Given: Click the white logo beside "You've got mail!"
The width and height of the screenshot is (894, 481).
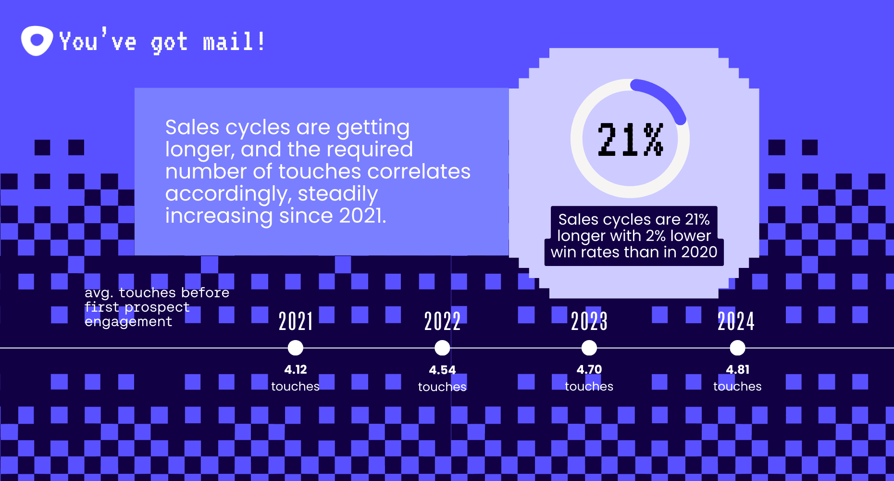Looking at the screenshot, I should coord(37,41).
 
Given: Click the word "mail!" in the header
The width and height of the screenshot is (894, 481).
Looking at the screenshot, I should coord(234,42).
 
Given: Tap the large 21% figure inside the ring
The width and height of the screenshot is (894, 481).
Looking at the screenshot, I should coord(630,139).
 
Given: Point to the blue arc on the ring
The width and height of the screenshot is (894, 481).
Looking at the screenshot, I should coord(663,97).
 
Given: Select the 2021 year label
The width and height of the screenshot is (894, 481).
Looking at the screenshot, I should coord(296,321).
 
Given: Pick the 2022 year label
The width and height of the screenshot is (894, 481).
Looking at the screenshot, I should coord(442,321).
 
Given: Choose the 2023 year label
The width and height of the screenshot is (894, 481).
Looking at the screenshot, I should coord(589,321).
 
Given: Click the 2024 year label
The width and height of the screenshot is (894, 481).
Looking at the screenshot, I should coord(736,321).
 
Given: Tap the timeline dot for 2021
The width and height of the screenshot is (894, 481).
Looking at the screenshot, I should coord(296,348).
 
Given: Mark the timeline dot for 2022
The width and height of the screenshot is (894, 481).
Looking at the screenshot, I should coord(442,348).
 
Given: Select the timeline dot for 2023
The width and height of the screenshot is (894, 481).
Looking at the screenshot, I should coord(589,348).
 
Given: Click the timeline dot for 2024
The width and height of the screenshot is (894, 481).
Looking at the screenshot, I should coord(737,348).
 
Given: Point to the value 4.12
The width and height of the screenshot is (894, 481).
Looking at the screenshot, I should coord(296,369).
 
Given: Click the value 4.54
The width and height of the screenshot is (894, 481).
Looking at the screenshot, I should coord(442,370).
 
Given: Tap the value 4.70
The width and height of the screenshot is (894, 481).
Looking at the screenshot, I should coord(589,369).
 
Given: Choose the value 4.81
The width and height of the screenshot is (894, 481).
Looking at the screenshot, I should coord(737,369).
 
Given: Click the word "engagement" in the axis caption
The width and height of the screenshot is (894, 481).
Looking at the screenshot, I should coord(128,322).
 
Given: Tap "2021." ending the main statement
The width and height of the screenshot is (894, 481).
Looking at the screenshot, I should coord(362,216).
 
